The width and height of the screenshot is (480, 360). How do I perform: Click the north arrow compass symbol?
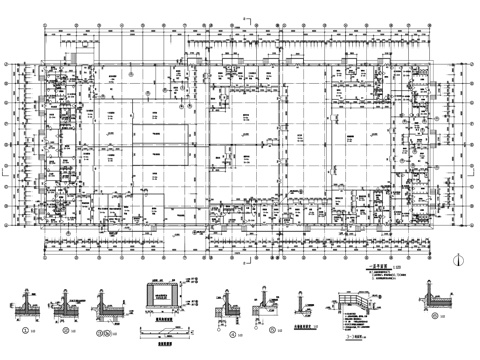457,258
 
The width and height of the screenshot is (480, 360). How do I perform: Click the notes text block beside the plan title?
380,270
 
